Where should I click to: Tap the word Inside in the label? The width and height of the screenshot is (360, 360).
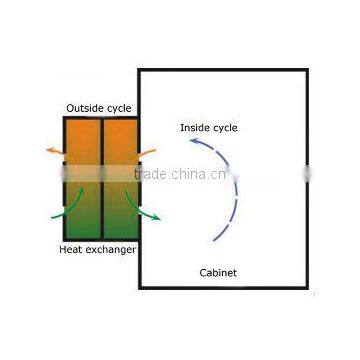[194, 128]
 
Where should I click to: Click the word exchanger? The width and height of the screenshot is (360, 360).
[113, 247]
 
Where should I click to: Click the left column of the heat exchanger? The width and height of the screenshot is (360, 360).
[82, 180]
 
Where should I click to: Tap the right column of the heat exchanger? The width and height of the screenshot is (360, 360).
[118, 180]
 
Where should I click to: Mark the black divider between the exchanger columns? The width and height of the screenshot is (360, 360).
[100, 180]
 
